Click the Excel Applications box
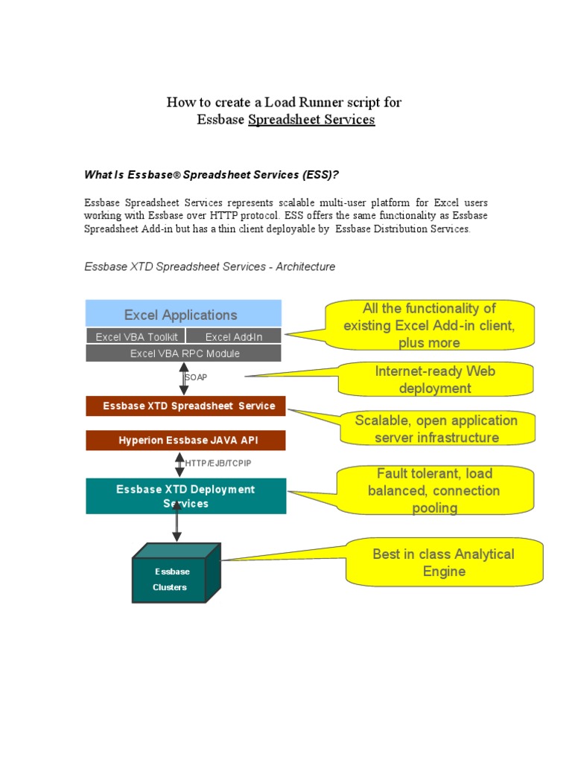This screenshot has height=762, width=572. pos(183,314)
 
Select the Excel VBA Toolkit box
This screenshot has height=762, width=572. pos(136,337)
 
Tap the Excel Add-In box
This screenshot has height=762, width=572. pos(233,337)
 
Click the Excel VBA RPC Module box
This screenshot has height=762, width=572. pos(183,353)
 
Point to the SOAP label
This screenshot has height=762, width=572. pos(197,378)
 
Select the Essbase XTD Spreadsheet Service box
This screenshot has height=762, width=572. pos(185,406)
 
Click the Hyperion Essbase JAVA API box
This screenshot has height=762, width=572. pos(185,441)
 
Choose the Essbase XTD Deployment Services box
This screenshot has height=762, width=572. pos(185,496)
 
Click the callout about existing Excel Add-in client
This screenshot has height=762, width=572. pos(428,325)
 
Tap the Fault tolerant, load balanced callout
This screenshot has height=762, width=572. pos(434,490)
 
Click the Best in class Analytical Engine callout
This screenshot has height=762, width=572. pos(442,563)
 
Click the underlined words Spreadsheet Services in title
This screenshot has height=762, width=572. pos(311,120)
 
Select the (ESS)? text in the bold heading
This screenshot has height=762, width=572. pos(322,175)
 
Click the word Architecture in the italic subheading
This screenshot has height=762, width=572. pos(305,266)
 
